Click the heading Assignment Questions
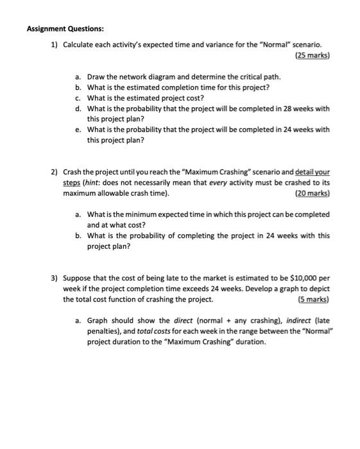(65, 28)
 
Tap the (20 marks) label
(311, 193)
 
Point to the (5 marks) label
(313, 299)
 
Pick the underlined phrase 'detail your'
(313, 172)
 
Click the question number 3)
(55, 278)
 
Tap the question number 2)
(55, 172)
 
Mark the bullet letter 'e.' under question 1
(78, 130)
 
